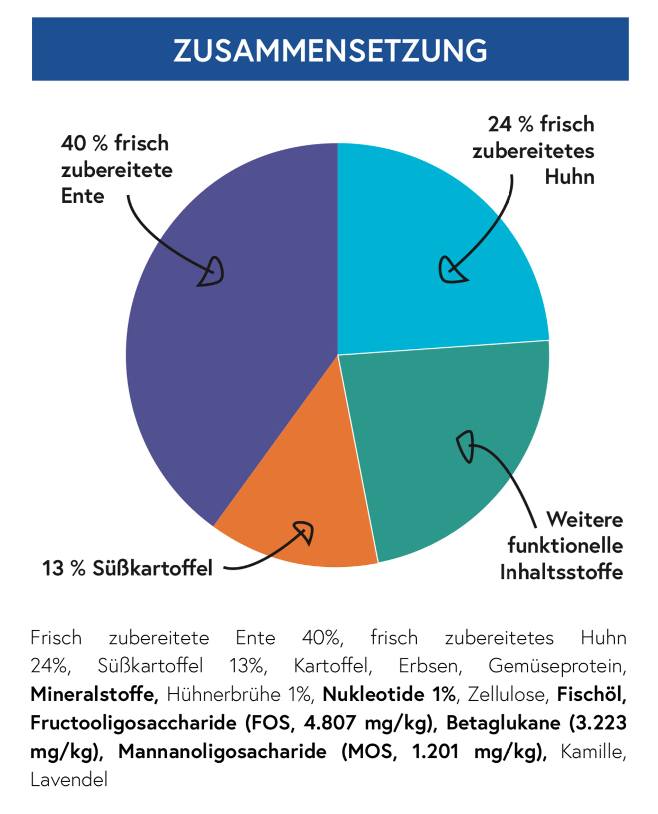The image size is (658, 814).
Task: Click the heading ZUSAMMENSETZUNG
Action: [330, 50]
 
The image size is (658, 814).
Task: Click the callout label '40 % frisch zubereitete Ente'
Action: [116, 169]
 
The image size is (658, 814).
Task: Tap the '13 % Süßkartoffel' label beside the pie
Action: [127, 568]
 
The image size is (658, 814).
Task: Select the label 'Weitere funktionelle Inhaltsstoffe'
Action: [562, 546]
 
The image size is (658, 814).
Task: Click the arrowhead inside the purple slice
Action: [212, 272]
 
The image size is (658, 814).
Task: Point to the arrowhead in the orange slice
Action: [304, 531]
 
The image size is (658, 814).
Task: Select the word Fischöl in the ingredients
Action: [591, 694]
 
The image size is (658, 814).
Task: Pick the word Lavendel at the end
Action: [69, 780]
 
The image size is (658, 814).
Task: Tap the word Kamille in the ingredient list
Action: [593, 751]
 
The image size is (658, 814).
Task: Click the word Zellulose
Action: [507, 694]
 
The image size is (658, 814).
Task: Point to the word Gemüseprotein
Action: [557, 666]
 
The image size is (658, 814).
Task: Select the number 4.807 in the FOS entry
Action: [329, 722]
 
